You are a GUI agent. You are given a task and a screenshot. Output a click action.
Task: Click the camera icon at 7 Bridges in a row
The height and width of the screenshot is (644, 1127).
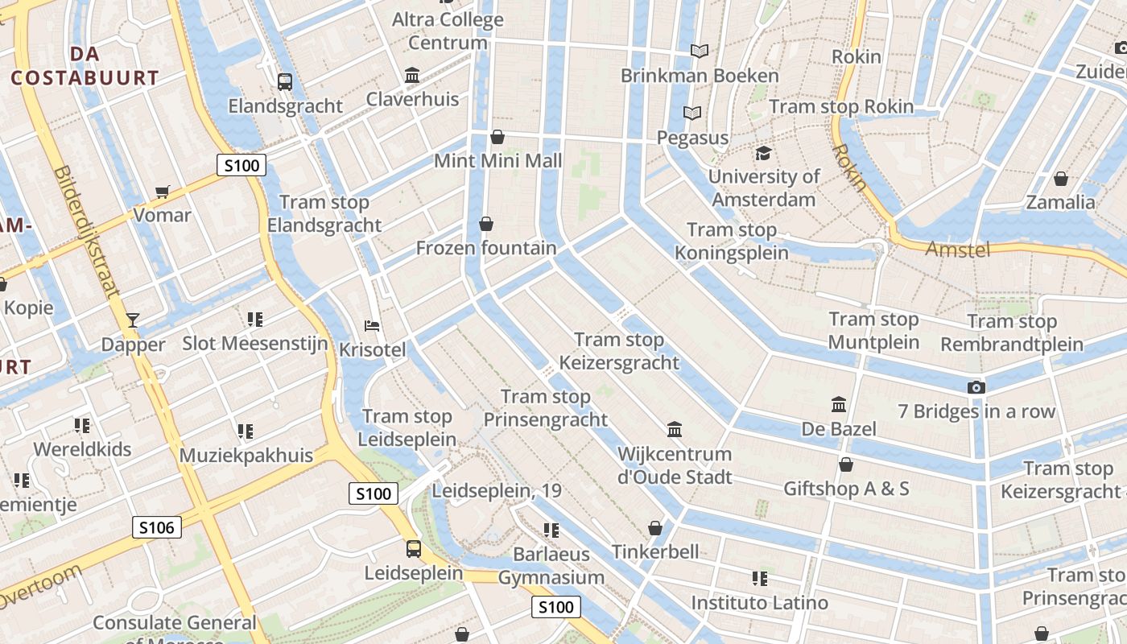tap(976, 388)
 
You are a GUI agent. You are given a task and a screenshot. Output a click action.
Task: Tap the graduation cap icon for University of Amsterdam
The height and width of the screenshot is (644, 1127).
tap(763, 153)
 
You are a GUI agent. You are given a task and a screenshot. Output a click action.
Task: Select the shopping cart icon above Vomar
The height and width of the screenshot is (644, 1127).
tap(163, 192)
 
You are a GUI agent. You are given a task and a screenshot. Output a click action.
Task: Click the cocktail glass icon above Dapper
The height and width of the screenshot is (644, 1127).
tap(133, 320)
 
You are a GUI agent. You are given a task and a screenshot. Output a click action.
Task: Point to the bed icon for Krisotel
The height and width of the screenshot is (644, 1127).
tap(372, 326)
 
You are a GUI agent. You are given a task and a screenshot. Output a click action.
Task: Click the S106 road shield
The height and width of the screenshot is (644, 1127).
tap(157, 527)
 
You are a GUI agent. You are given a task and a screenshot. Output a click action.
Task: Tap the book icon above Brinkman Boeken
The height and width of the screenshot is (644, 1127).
tap(700, 52)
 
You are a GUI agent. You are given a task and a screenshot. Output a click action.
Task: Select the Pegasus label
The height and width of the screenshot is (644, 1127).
tap(692, 138)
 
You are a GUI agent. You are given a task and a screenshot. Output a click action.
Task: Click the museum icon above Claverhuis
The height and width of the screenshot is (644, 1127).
tap(413, 76)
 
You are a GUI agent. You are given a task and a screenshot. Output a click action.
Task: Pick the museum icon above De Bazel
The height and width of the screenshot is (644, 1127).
tap(839, 404)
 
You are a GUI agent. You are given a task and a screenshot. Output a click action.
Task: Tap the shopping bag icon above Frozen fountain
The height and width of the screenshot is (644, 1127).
tap(486, 224)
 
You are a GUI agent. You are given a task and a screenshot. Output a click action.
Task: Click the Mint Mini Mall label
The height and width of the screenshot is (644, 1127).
tap(497, 160)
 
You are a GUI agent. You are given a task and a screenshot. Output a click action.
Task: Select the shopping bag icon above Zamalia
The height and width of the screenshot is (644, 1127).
tap(1061, 179)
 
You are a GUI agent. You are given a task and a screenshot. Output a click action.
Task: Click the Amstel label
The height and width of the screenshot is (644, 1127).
tap(957, 250)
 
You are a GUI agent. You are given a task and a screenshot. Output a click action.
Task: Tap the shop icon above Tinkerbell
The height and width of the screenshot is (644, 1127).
tap(655, 529)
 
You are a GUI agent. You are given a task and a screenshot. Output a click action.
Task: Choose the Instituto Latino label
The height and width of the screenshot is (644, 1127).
tap(759, 602)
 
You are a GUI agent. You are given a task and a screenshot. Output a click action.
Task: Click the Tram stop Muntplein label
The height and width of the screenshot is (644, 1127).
tap(873, 331)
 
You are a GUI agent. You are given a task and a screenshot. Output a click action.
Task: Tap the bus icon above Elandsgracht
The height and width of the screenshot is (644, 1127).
tap(285, 81)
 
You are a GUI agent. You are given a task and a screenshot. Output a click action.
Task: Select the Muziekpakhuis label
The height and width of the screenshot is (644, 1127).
tap(246, 455)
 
